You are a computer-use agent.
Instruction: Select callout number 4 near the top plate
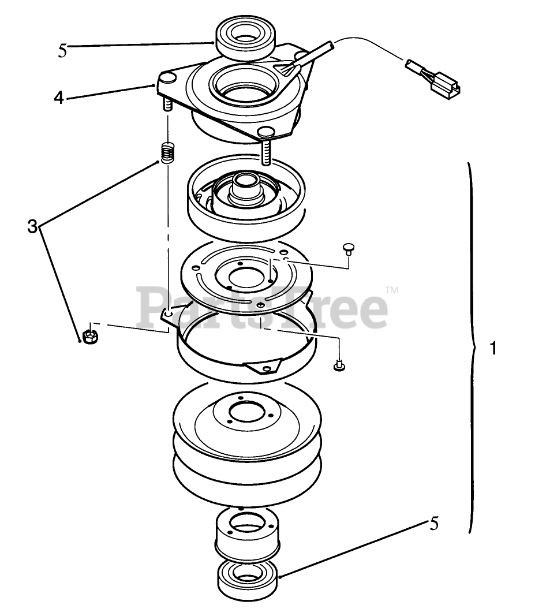click(x=58, y=97)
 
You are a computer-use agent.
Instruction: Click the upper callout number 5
click(x=62, y=50)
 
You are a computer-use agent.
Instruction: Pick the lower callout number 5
click(x=433, y=524)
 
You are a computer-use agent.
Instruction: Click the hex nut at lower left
click(x=89, y=336)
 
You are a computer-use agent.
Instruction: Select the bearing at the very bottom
click(x=247, y=578)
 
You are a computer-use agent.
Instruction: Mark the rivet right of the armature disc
click(x=349, y=248)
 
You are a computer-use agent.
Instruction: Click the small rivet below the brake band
click(x=340, y=365)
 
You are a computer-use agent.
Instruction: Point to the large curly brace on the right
click(x=472, y=346)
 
